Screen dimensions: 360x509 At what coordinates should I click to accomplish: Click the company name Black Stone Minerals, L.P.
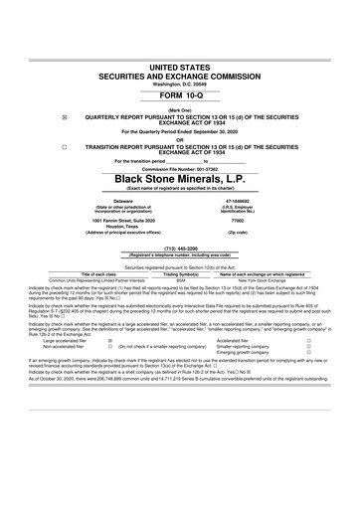tap(179, 180)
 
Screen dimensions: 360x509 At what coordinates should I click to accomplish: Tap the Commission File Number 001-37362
tap(179, 167)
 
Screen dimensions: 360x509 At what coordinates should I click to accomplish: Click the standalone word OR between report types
tap(179, 139)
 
